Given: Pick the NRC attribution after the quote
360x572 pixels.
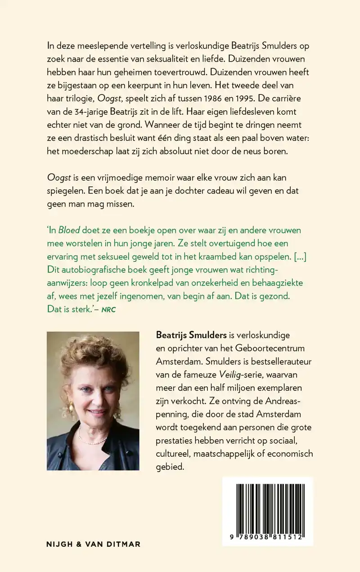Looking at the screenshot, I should point(108,310).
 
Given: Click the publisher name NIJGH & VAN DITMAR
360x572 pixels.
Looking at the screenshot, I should point(94,544).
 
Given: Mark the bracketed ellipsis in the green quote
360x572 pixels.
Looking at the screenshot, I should point(300,256).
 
